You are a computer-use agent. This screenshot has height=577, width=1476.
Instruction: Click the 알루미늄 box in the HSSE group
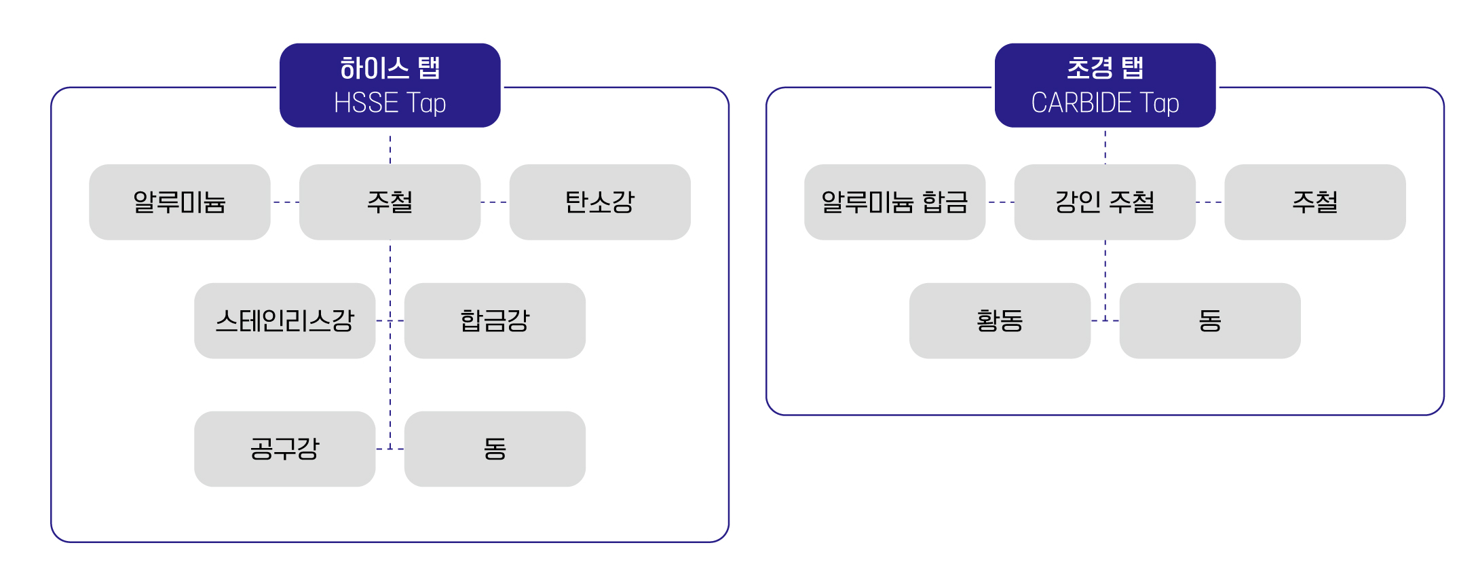tap(179, 202)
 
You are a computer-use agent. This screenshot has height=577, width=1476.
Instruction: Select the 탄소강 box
tap(600, 202)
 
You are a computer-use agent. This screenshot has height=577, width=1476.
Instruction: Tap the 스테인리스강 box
tap(284, 320)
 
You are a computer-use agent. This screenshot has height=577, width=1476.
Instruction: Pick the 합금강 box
tap(495, 320)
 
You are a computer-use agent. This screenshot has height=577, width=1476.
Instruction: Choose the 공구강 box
tap(284, 449)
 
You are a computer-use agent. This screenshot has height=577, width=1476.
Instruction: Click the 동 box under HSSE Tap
tap(495, 449)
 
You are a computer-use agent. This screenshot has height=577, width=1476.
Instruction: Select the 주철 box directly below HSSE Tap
tap(390, 202)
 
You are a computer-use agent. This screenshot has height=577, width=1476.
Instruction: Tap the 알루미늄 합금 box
tap(894, 202)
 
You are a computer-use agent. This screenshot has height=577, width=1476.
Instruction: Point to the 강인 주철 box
tap(1105, 202)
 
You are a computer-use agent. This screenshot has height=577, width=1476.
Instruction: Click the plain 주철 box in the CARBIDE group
tap(1315, 202)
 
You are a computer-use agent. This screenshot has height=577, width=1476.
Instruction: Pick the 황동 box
tap(1000, 320)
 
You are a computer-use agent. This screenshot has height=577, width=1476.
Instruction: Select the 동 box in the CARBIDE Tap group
tap(1210, 320)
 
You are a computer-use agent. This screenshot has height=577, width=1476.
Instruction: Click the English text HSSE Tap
tap(390, 103)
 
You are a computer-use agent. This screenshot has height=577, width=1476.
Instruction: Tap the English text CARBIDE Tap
tap(1105, 103)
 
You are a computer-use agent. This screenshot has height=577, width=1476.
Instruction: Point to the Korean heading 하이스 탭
tap(390, 68)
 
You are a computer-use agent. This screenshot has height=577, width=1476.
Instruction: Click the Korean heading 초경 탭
tap(1105, 68)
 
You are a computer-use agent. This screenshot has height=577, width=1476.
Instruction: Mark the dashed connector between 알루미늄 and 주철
tap(285, 202)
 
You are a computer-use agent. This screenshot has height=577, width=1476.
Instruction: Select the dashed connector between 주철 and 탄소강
tap(495, 202)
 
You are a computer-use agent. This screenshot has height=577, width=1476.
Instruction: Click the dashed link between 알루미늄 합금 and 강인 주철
tap(1000, 202)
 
